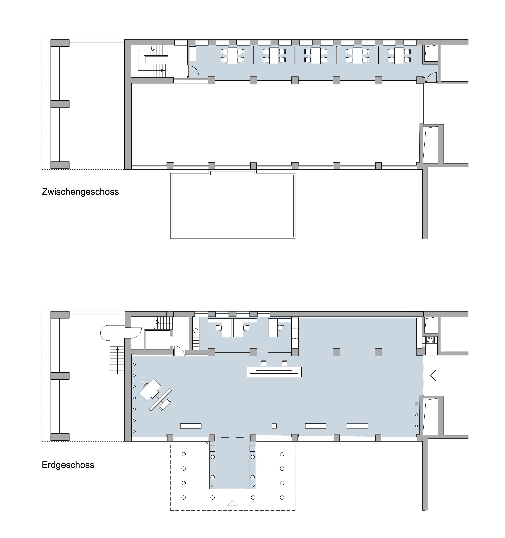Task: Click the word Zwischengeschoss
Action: [80, 192]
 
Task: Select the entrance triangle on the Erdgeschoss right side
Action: [433, 376]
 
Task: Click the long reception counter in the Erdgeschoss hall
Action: [274, 372]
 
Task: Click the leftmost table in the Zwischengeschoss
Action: [232, 56]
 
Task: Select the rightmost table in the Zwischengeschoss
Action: [399, 56]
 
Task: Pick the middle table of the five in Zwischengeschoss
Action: [316, 56]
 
